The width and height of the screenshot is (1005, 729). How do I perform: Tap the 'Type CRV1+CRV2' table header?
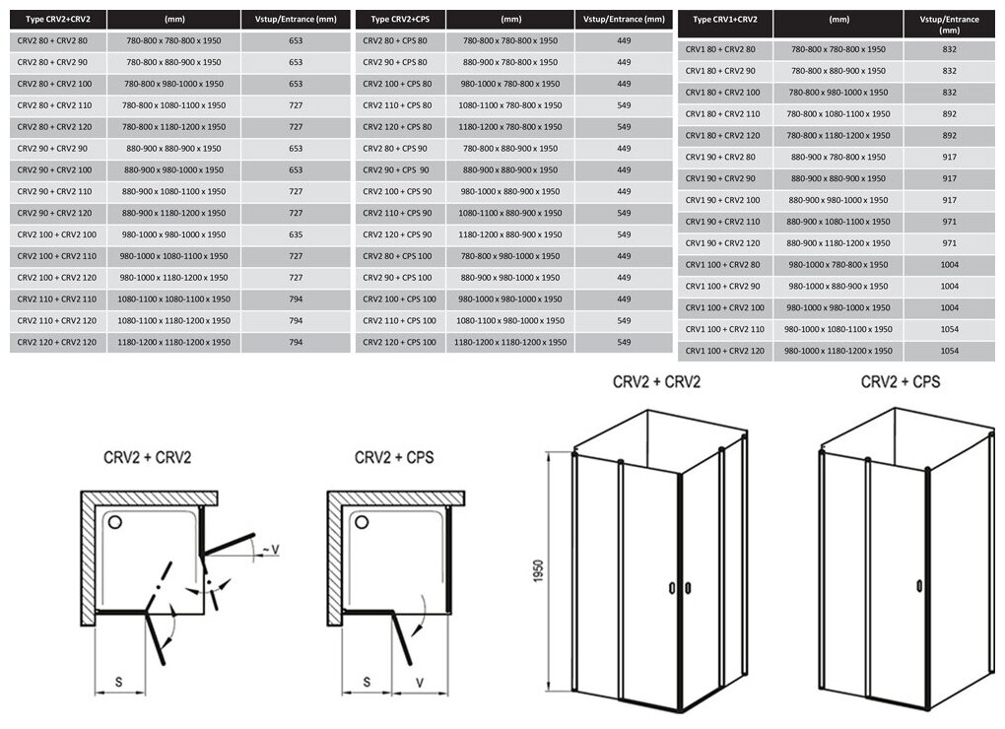(724, 19)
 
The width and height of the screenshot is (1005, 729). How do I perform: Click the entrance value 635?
(296, 234)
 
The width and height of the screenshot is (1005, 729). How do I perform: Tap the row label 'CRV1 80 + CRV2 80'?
(721, 49)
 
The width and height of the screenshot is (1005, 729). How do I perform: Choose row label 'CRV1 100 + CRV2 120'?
(725, 351)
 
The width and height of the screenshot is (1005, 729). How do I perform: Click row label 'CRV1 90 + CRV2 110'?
(724, 222)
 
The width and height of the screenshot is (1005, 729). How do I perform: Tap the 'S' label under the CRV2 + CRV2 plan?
(118, 680)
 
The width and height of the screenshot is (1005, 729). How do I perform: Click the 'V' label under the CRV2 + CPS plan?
(419, 680)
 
